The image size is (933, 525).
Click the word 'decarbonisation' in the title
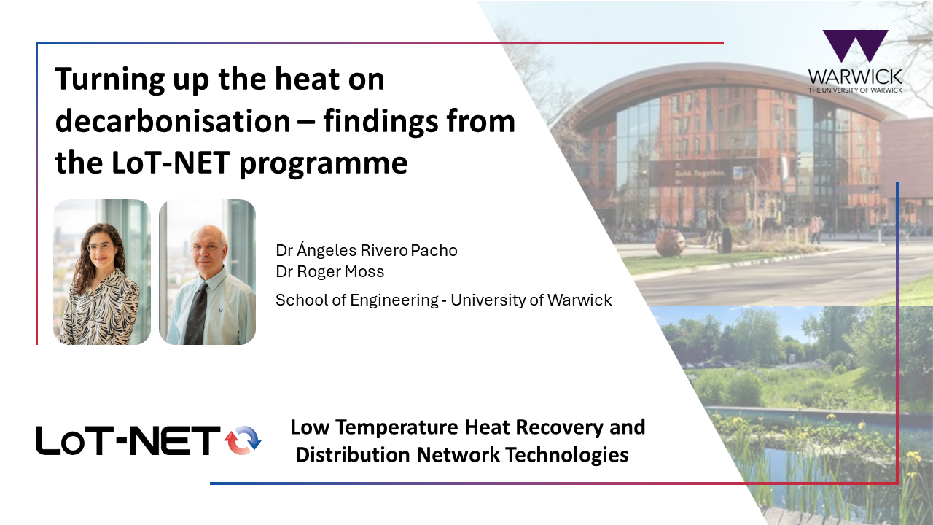tap(173, 121)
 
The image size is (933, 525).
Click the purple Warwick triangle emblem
tap(856, 46)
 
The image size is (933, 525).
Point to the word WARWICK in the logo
tap(855, 77)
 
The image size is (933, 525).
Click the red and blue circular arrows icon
tap(243, 440)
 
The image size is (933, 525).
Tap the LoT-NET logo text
tap(128, 440)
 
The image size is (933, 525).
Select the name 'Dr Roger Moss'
tap(330, 272)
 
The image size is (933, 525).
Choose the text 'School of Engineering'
tap(357, 300)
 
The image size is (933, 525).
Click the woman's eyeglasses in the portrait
tap(100, 246)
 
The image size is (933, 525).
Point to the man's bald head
tap(209, 237)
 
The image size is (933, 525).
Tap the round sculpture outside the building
tap(670, 243)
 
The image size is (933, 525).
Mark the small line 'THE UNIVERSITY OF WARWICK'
tap(855, 90)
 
